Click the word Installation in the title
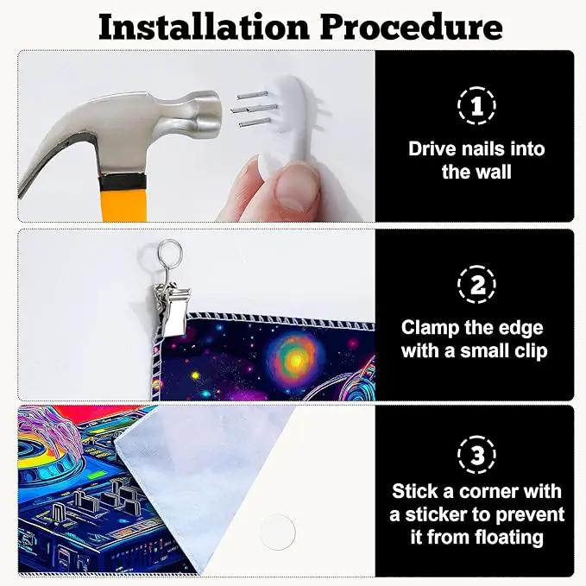[204, 28]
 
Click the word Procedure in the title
[411, 28]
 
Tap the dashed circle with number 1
[476, 106]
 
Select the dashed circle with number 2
[476, 285]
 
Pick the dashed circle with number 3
[476, 455]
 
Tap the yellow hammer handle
[124, 205]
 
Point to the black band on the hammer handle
[123, 181]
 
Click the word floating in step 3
[509, 538]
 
